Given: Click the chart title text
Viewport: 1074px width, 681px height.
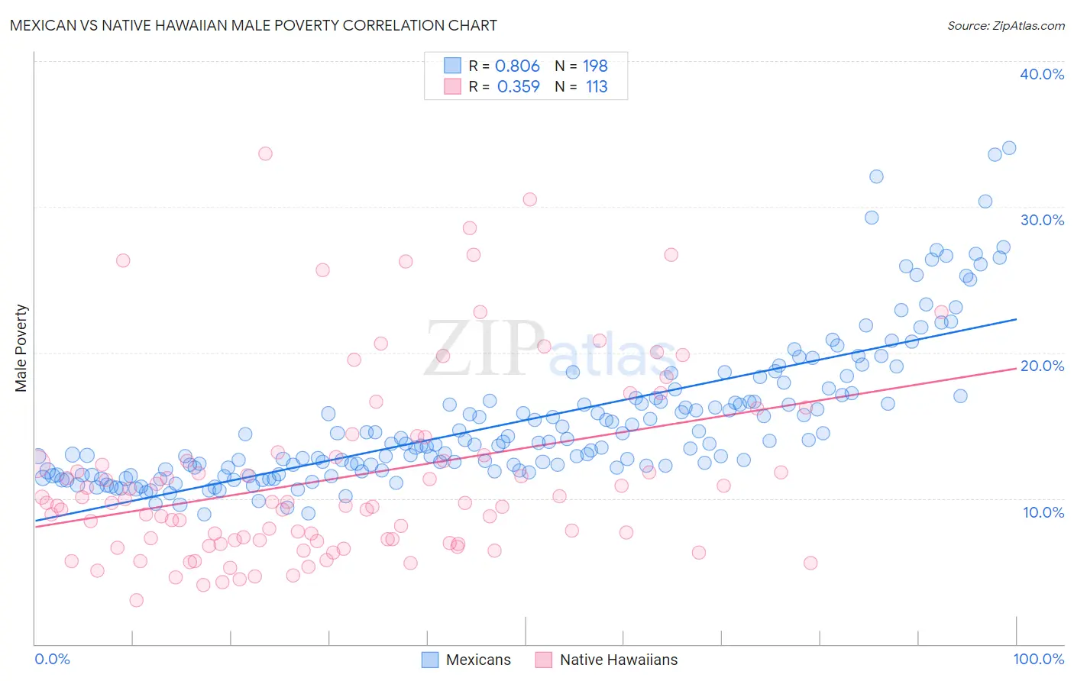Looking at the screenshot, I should pyautogui.click(x=253, y=25).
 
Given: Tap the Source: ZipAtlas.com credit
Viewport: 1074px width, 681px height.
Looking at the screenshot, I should pyautogui.click(x=1005, y=26).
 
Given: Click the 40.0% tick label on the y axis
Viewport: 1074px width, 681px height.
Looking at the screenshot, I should pyautogui.click(x=1041, y=74).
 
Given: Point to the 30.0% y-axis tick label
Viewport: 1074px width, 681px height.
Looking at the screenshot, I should pyautogui.click(x=1041, y=220).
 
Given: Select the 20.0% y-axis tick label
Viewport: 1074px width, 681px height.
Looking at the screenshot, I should pyautogui.click(x=1041, y=366).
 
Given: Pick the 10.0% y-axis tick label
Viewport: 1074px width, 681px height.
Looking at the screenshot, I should pyautogui.click(x=1043, y=512).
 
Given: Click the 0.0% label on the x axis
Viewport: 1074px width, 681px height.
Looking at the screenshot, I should pyautogui.click(x=52, y=659).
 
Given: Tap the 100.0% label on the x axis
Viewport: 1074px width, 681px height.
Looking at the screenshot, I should pyautogui.click(x=1038, y=659).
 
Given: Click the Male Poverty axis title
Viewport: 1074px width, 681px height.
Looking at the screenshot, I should pyautogui.click(x=21, y=348).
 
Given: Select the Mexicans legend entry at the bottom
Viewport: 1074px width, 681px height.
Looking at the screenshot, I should pyautogui.click(x=467, y=660).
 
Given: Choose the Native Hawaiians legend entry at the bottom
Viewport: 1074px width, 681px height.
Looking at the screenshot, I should pyautogui.click(x=607, y=660).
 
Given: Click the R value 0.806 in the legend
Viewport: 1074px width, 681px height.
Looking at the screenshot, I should pyautogui.click(x=517, y=66).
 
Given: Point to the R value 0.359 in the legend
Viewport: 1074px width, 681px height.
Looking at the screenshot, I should pyautogui.click(x=518, y=87).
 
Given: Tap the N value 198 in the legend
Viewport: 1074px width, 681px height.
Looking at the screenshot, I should pyautogui.click(x=595, y=66).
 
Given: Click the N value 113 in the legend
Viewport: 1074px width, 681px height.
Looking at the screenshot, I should pyautogui.click(x=597, y=87).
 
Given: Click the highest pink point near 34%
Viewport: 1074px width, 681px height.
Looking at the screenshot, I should pyautogui.click(x=265, y=153).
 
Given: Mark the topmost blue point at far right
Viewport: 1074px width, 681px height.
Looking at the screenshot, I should pyautogui.click(x=1008, y=148).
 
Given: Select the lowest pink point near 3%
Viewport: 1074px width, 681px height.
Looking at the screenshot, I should pyautogui.click(x=136, y=600).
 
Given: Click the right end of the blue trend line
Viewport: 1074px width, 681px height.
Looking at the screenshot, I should pyautogui.click(x=1016, y=319).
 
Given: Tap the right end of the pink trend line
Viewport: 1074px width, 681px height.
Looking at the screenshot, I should pyautogui.click(x=1016, y=368).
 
